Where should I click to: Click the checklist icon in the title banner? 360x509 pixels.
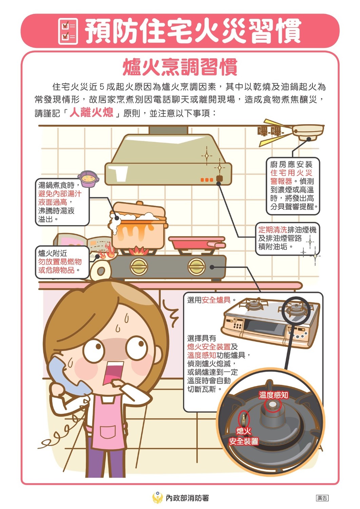[68, 31]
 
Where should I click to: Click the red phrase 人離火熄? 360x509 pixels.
[91, 112]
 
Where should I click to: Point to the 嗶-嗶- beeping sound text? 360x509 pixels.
[270, 131]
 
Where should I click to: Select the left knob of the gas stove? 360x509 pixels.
[139, 266]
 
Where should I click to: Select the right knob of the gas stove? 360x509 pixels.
[197, 266]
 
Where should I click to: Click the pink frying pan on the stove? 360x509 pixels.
[197, 243]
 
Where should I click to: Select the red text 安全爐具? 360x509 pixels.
[216, 300]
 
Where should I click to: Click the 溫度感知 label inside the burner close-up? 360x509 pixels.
[273, 395]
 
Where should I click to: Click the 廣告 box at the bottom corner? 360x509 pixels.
[322, 498]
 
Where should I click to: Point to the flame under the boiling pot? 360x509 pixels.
[139, 250]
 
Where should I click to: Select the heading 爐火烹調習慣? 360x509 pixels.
[180, 67]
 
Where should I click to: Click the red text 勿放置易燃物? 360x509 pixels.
[60, 262]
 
